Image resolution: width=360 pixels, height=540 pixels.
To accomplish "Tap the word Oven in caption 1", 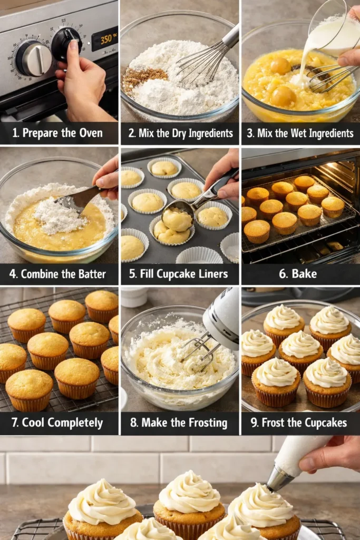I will coord(89,133).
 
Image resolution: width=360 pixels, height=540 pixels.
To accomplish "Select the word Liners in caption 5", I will coord(213,274).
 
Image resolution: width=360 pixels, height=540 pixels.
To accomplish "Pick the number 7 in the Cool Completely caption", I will coord(13,423).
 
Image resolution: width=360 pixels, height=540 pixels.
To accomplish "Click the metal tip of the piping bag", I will coord(278,479).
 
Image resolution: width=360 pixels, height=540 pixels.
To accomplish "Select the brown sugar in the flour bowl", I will coord(138,78).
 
